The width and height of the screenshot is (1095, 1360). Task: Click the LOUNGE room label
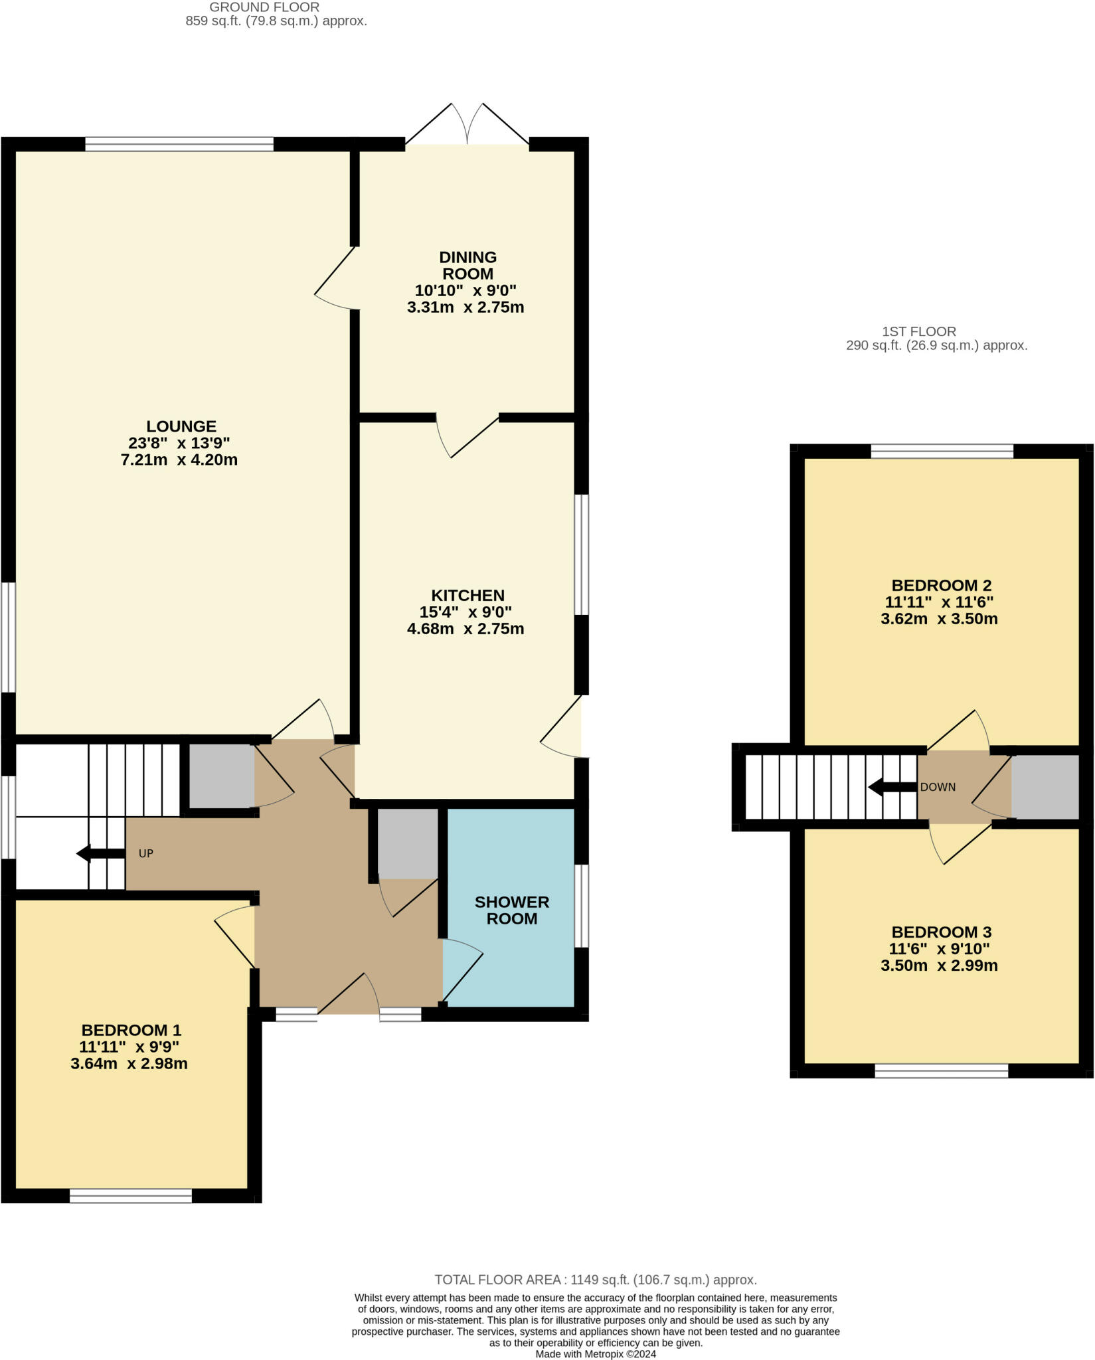(x=181, y=426)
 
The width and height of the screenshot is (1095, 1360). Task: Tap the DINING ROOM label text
(x=467, y=266)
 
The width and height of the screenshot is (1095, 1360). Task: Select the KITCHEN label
(x=467, y=596)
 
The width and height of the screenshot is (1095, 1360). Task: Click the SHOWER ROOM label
(x=512, y=910)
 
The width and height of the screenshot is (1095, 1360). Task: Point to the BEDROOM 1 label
(x=131, y=1031)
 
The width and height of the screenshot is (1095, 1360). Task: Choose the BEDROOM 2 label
(x=941, y=586)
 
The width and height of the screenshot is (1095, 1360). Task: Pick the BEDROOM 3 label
(x=941, y=932)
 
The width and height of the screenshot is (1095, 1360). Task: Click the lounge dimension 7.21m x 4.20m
(x=179, y=460)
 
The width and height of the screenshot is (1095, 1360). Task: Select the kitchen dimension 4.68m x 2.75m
(x=465, y=629)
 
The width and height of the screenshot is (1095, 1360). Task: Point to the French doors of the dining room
(x=467, y=124)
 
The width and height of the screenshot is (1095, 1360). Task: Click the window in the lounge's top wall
(x=179, y=144)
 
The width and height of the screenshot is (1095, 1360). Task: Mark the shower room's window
(x=581, y=905)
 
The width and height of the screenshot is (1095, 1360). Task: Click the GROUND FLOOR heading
(x=264, y=7)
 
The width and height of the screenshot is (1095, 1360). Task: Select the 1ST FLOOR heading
(x=919, y=331)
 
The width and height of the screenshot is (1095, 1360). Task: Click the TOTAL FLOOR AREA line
(x=596, y=1280)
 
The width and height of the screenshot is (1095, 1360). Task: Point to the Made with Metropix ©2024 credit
(x=596, y=1354)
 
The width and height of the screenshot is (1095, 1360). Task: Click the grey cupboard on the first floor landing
(x=1045, y=788)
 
